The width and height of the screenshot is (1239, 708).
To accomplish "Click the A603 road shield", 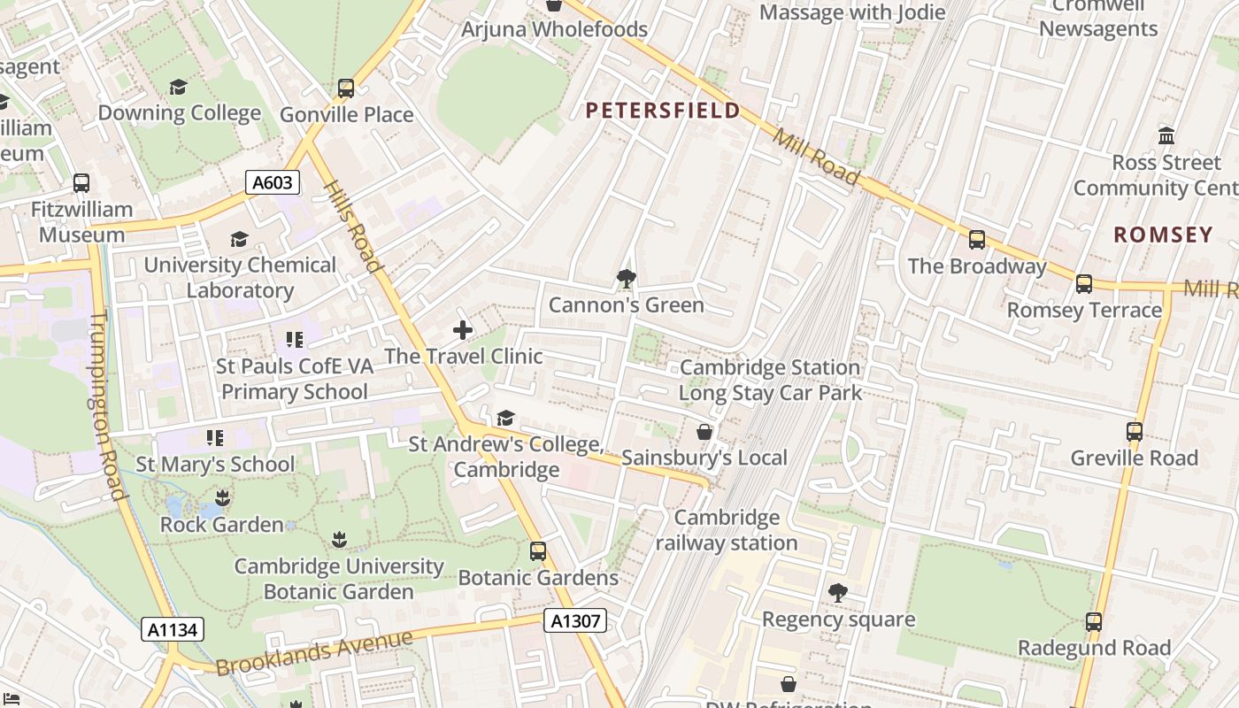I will [x=272, y=182].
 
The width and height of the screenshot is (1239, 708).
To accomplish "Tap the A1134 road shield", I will [x=173, y=629].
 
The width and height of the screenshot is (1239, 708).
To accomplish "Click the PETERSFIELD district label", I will [x=663, y=111].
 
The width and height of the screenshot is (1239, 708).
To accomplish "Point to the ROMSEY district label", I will [x=1163, y=235].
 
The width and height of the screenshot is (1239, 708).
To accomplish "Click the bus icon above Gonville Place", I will [x=346, y=88].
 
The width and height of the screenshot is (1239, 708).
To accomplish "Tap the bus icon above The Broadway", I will [x=977, y=240].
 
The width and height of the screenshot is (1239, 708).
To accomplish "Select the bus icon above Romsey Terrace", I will [x=1084, y=284].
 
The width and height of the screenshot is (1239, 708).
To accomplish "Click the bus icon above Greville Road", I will [x=1134, y=432].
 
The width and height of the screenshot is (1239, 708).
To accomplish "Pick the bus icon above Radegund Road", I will [x=1094, y=622].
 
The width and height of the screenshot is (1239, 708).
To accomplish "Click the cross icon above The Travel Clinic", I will [x=462, y=330].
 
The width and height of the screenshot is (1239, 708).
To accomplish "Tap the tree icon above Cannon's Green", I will [x=627, y=279].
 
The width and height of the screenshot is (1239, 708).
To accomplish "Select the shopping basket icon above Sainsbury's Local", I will [x=704, y=432].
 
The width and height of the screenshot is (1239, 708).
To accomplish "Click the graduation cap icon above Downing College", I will [x=179, y=87].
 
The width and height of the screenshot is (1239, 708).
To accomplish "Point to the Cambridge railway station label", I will [x=727, y=530].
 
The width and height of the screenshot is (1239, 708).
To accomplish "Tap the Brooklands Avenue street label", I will [x=314, y=653].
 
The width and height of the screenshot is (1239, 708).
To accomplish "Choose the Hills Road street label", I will [x=352, y=226].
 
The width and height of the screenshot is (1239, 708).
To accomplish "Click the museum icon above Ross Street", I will [x=1166, y=136].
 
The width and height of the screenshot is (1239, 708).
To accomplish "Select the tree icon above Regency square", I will [x=837, y=593].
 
